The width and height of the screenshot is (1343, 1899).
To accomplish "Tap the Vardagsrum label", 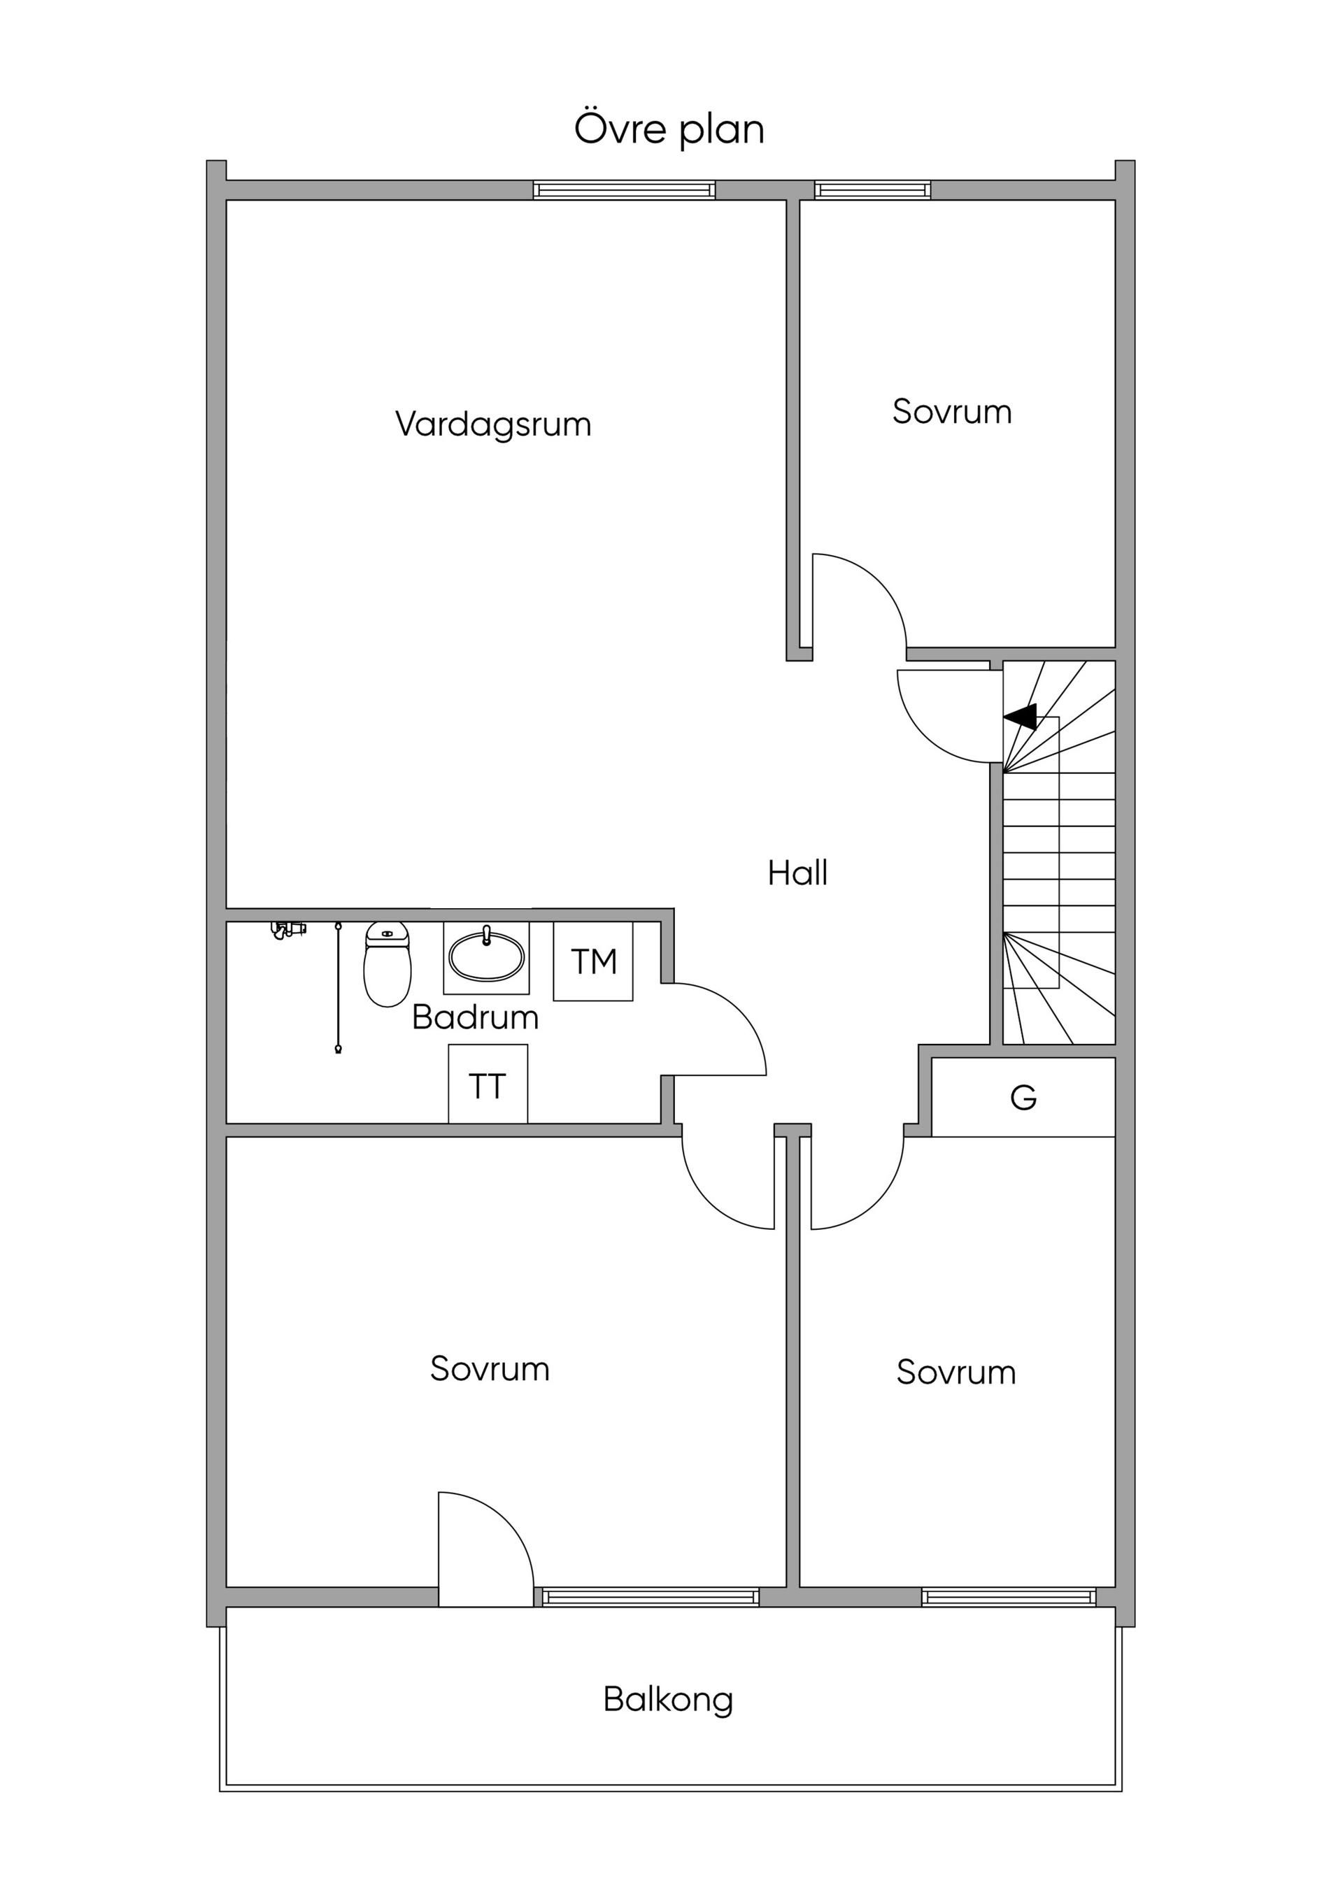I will pyautogui.click(x=493, y=425).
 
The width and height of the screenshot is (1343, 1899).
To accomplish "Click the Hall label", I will pyautogui.click(x=797, y=873).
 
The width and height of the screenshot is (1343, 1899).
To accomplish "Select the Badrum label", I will pyautogui.click(x=475, y=1017).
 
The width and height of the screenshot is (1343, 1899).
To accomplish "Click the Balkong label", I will pyautogui.click(x=668, y=1700).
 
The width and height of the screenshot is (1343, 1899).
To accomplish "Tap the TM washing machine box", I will pyautogui.click(x=593, y=962).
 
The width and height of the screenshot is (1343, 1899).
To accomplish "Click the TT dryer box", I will pyautogui.click(x=488, y=1087).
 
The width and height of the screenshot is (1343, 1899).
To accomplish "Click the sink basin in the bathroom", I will pyautogui.click(x=487, y=958).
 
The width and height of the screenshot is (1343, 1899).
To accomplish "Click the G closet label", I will pyautogui.click(x=1023, y=1098).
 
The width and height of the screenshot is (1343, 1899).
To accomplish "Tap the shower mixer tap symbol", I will pyautogui.click(x=287, y=930).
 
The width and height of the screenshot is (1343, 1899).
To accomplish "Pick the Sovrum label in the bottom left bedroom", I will pyautogui.click(x=490, y=1370).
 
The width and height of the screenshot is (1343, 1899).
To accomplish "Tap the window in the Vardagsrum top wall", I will pyautogui.click(x=624, y=190).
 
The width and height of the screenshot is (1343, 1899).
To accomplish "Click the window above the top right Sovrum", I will pyautogui.click(x=872, y=190).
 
